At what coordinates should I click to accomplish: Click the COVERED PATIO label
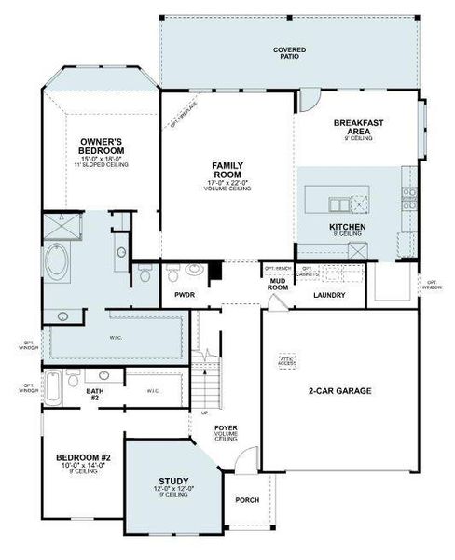[290, 53]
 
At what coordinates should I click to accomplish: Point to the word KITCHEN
[347, 227]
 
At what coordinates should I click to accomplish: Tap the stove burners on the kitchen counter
[407, 196]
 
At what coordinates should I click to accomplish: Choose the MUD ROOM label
[278, 284]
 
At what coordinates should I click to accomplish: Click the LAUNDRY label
[329, 296]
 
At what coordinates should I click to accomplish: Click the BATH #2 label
[95, 396]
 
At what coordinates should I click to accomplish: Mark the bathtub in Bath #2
[55, 386]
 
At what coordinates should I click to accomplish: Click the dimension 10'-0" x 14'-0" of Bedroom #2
[84, 466]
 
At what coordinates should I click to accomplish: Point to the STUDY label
[173, 481]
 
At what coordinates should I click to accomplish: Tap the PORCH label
[246, 500]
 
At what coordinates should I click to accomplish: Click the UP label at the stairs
[205, 413]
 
